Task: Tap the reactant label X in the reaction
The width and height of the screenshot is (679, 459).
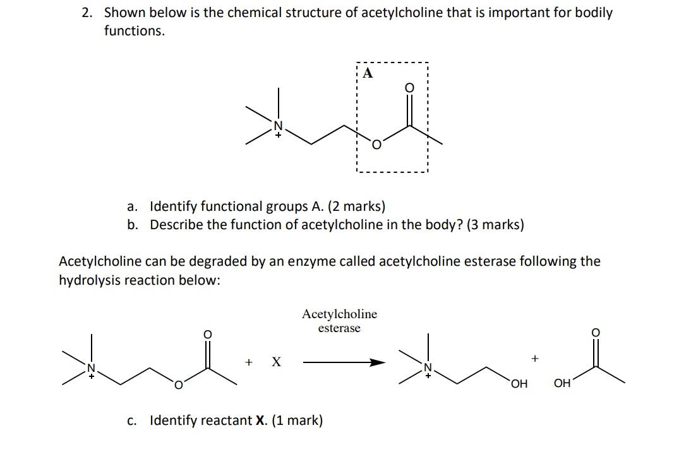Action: (x=276, y=362)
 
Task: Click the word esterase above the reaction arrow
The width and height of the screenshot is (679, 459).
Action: (x=339, y=328)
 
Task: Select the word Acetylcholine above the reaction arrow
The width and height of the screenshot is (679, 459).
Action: (x=339, y=314)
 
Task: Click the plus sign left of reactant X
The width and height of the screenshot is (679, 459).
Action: (x=249, y=362)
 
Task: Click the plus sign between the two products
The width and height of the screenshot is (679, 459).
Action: (x=535, y=359)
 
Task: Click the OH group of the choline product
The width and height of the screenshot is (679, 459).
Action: (x=519, y=383)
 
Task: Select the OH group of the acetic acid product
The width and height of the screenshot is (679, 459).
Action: (x=562, y=383)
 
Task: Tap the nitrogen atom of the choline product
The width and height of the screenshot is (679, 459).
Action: (x=428, y=367)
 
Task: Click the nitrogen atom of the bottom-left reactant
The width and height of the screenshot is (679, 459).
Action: (x=90, y=367)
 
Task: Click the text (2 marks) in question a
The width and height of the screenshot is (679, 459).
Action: (x=356, y=206)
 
